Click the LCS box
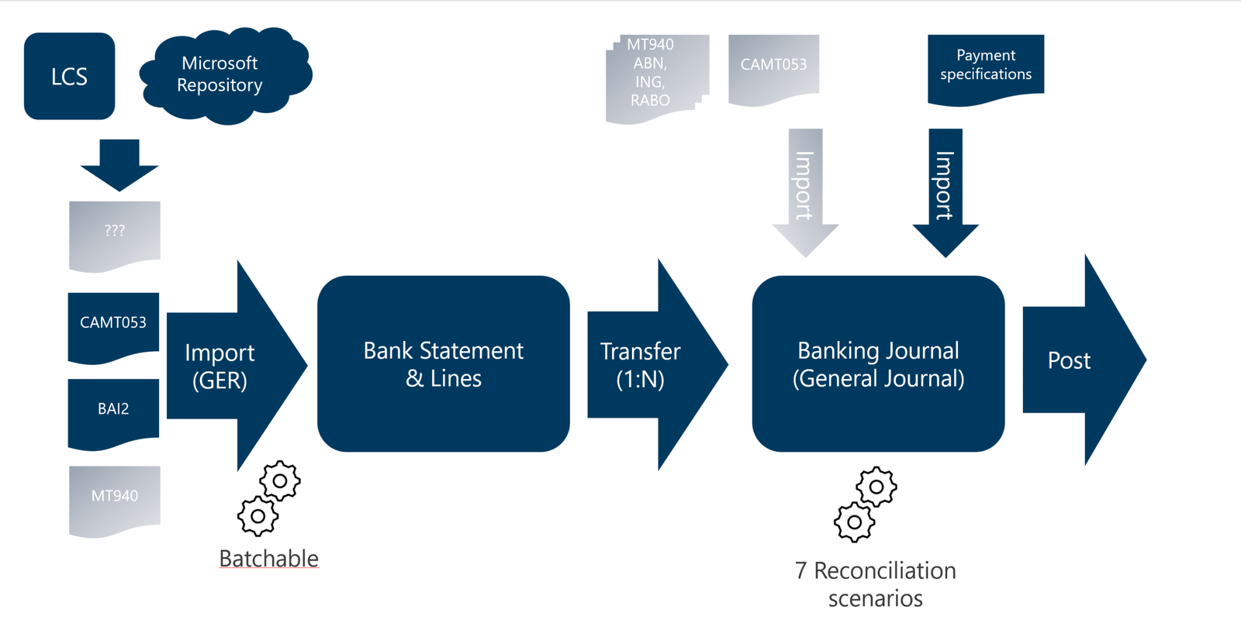(x=69, y=76)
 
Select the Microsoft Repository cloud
(x=220, y=74)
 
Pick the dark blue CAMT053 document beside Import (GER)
(x=113, y=325)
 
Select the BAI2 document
(x=113, y=411)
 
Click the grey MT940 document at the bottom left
(x=115, y=498)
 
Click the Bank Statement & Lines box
(x=444, y=363)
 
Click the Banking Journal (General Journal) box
(x=878, y=363)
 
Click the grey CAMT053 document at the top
(x=773, y=67)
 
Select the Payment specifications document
(x=985, y=67)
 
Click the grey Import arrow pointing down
(x=805, y=190)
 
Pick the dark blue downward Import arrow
(x=945, y=190)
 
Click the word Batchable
(x=268, y=558)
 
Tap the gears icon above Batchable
(x=268, y=498)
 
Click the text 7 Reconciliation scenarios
(x=876, y=584)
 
